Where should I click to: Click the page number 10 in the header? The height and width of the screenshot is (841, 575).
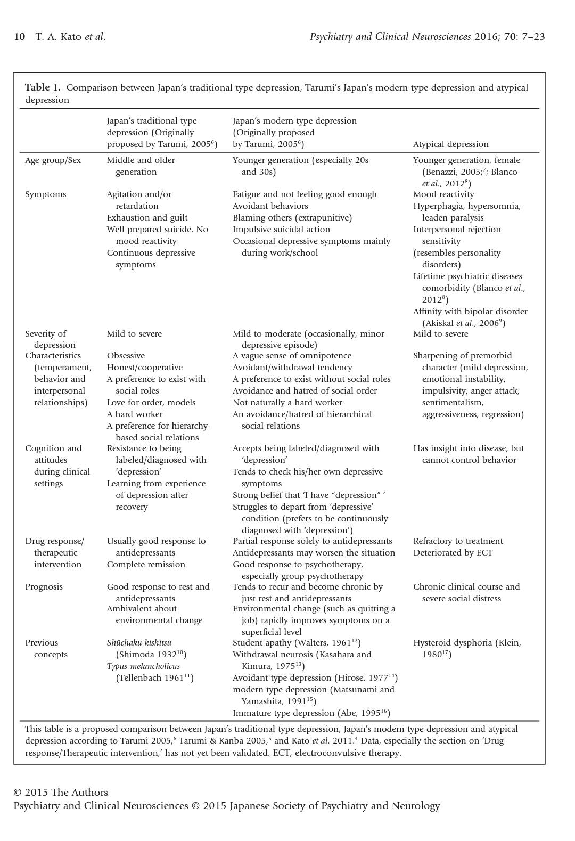click(19, 37)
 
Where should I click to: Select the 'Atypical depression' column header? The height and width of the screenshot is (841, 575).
click(450, 144)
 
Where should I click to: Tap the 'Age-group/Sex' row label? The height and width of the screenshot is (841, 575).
click(53, 160)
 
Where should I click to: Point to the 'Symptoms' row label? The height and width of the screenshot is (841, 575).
click(46, 194)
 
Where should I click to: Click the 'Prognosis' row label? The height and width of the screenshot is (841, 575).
click(44, 587)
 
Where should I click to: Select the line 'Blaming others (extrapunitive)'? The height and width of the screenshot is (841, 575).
click(292, 218)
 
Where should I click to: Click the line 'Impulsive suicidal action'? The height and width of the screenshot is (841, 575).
click(281, 230)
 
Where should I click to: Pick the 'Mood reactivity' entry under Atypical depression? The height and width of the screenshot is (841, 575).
click(443, 194)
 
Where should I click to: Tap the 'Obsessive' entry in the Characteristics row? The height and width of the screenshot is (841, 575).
click(126, 356)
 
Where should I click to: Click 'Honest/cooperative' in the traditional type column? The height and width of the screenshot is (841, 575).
click(144, 368)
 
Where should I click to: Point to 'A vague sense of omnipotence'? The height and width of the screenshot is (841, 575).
click(292, 356)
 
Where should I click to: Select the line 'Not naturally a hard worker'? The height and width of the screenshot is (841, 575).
click(287, 403)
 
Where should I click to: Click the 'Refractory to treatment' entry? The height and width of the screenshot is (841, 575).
click(458, 541)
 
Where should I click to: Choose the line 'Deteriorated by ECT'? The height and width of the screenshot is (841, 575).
click(453, 553)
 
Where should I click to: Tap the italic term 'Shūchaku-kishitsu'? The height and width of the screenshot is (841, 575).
click(139, 643)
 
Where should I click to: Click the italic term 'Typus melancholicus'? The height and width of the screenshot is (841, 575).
click(143, 666)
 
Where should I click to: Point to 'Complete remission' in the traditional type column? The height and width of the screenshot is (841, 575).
click(146, 565)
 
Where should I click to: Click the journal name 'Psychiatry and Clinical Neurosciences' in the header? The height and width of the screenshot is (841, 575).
click(390, 37)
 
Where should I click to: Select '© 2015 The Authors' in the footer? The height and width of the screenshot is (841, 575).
click(60, 793)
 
